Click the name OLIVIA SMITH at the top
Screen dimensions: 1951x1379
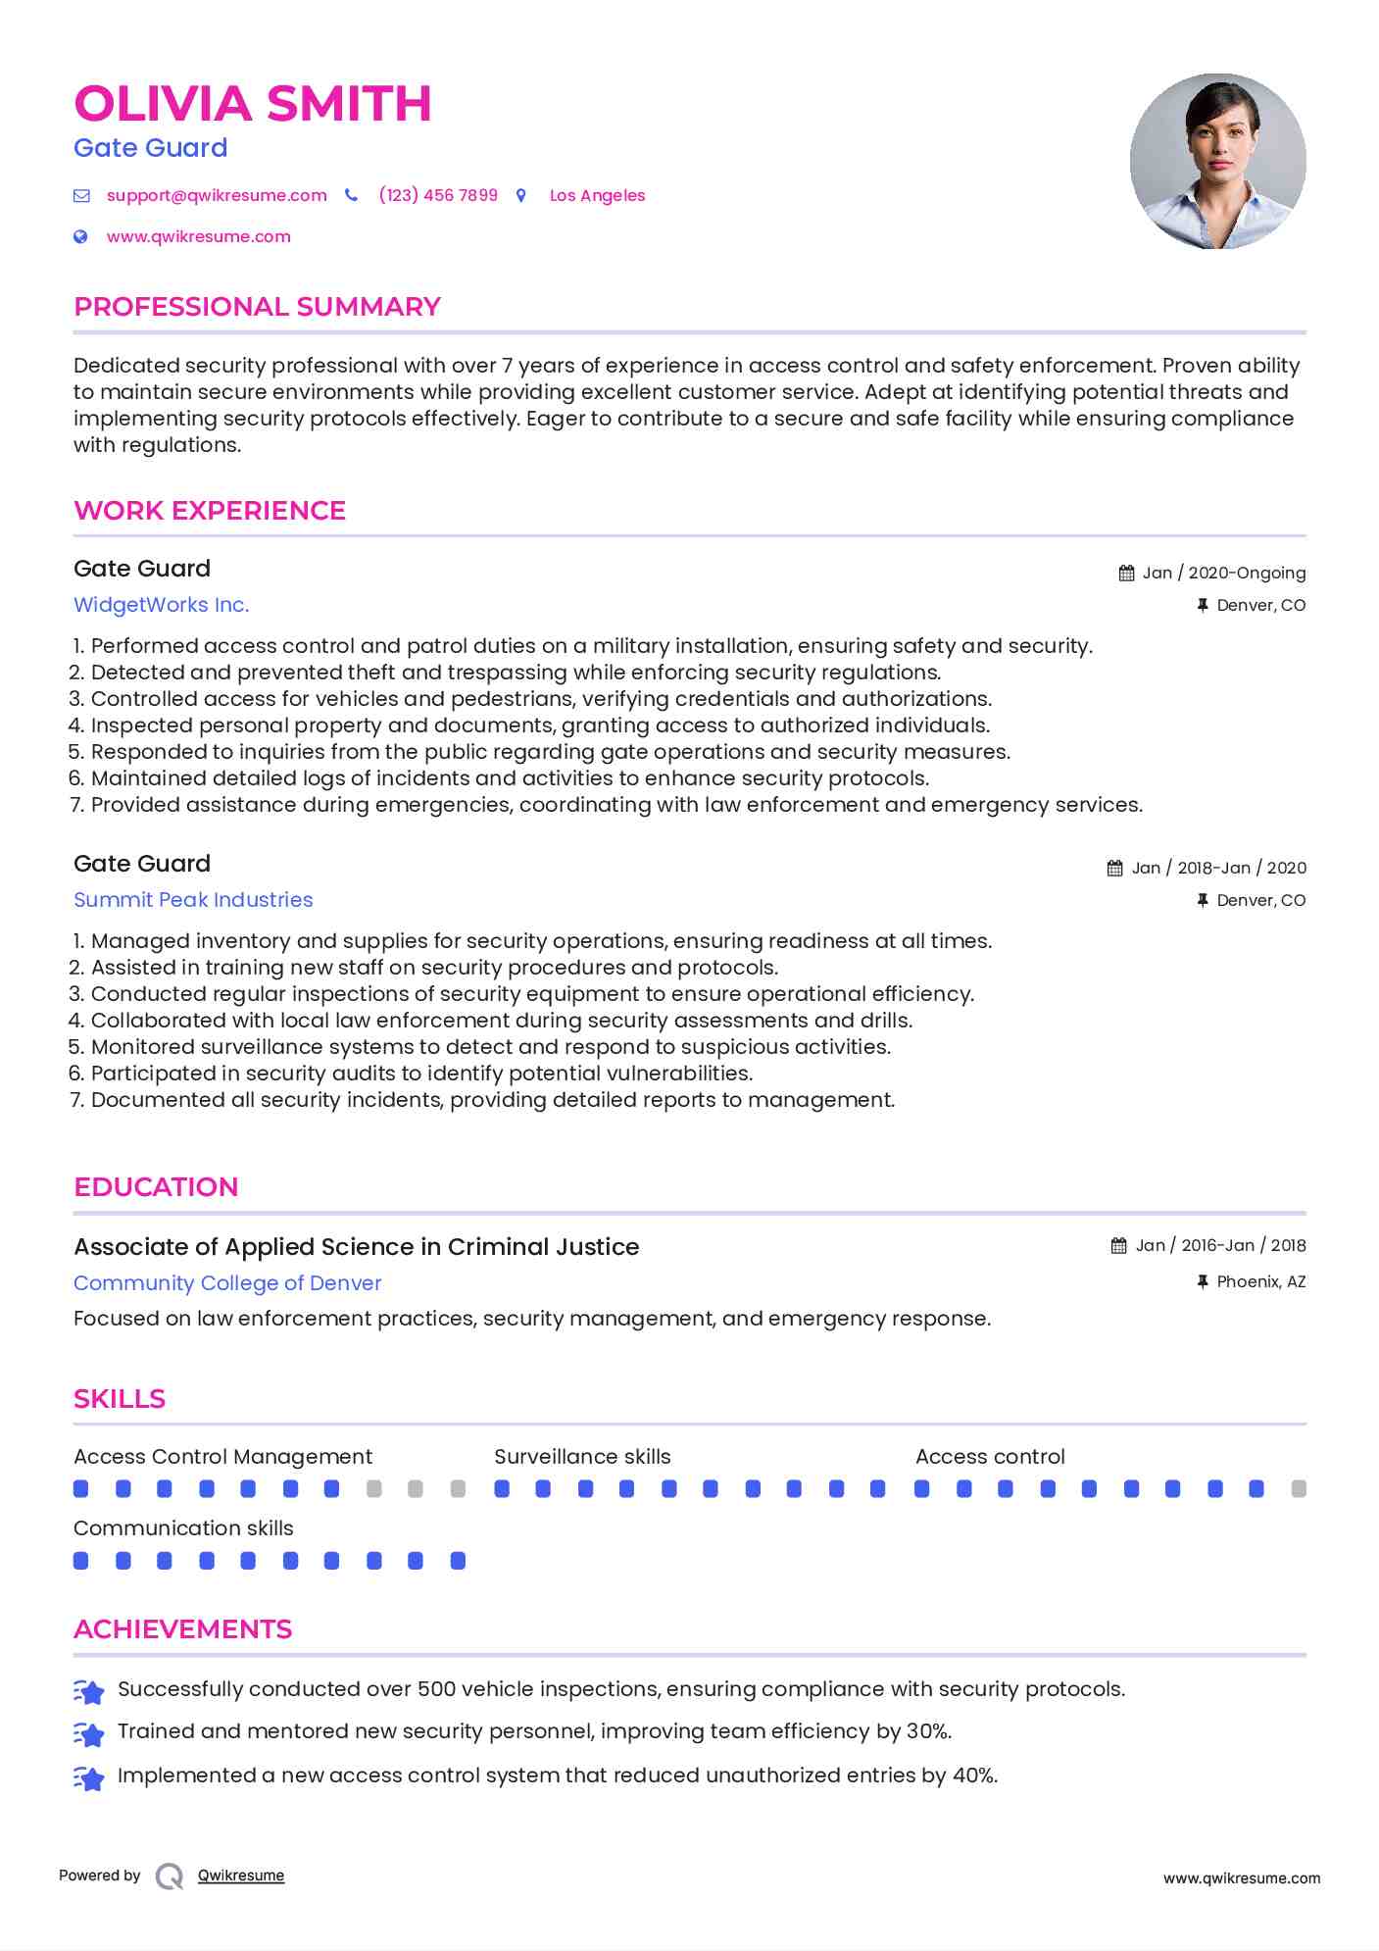252,104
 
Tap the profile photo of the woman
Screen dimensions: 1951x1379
1217,161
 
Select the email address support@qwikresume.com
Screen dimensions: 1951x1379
217,195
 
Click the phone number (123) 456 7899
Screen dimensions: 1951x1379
438,195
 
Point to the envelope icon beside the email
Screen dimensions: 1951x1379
81,196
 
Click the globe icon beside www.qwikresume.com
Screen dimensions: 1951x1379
81,236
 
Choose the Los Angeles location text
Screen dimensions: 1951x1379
597,195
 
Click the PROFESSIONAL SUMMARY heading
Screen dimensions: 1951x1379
257,307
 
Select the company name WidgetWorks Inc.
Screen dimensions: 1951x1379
162,605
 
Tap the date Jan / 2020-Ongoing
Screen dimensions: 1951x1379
1223,573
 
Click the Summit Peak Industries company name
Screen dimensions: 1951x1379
193,900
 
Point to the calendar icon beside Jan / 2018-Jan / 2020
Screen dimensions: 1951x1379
1115,868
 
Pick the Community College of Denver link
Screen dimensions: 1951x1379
227,1283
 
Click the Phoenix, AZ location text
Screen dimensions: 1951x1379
1260,1281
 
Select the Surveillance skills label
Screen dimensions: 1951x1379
582,1457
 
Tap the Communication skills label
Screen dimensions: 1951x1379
183,1528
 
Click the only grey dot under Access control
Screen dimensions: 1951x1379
1299,1489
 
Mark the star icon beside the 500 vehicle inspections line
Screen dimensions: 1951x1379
89,1691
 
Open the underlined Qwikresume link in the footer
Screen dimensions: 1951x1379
241,1876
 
